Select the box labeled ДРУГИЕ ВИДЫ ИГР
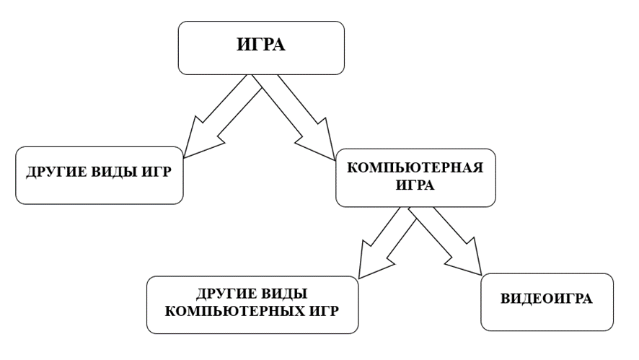coord(99,176)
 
